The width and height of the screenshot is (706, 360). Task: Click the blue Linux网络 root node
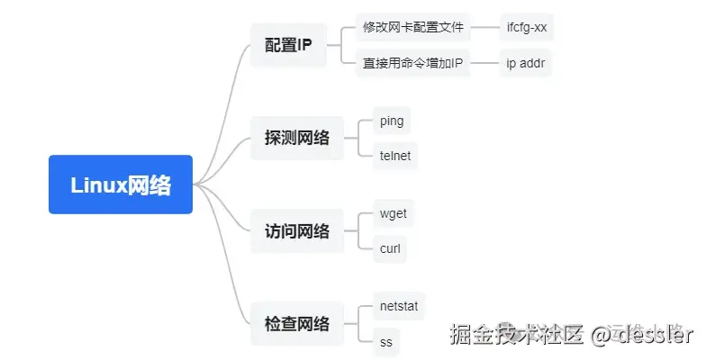click(121, 184)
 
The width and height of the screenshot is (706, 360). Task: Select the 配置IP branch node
click(288, 44)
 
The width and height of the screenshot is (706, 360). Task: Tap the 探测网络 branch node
click(296, 138)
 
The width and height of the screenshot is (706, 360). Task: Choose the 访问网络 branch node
click(296, 231)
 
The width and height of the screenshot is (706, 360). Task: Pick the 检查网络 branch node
click(296, 324)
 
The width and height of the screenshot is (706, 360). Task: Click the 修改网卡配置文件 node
click(413, 27)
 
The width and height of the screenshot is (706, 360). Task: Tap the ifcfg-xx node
click(527, 27)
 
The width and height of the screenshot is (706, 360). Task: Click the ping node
click(392, 120)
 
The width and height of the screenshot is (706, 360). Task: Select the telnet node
click(395, 156)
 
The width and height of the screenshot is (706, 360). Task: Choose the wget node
click(394, 213)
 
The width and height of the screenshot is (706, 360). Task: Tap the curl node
click(390, 248)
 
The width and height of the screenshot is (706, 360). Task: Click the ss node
click(386, 342)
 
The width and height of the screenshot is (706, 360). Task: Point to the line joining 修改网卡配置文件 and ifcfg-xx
click(485, 27)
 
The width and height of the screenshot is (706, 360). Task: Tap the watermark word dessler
click(655, 335)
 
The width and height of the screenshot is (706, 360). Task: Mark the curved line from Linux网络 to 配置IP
click(225, 99)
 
